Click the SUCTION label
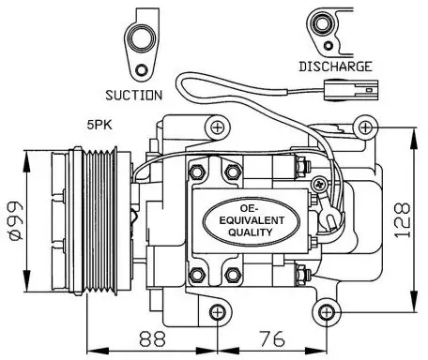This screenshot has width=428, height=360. [x=134, y=95]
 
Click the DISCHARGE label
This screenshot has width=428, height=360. [x=335, y=67]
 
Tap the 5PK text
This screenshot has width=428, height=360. [x=99, y=125]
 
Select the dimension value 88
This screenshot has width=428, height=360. [x=152, y=338]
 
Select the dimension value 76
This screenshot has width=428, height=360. [x=271, y=338]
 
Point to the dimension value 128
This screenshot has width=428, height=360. [x=402, y=220]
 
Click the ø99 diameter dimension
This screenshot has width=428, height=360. [x=15, y=220]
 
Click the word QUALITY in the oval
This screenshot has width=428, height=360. [x=251, y=232]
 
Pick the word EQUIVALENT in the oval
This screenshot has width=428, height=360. [x=252, y=220]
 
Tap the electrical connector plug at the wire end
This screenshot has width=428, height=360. [x=351, y=90]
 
